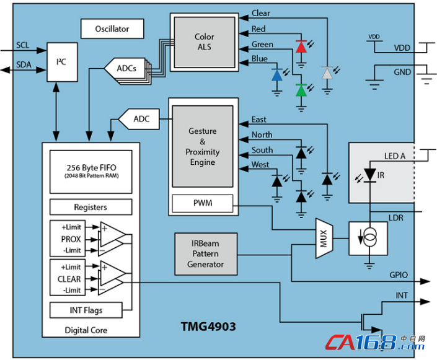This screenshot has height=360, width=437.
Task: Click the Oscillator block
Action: coord(112,29)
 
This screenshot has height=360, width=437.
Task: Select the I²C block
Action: coord(61,63)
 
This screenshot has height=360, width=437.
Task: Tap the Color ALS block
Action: coord(204,42)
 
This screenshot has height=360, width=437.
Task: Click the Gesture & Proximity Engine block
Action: coord(202,147)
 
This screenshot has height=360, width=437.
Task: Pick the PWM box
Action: coord(202,203)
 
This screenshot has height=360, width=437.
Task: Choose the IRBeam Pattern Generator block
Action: coord(205,254)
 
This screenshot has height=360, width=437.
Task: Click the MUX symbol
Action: coord(324,235)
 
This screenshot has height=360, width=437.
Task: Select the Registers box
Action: coord(90,207)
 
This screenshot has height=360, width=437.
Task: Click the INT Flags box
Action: coord(86,310)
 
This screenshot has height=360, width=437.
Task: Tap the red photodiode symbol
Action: coord(301,47)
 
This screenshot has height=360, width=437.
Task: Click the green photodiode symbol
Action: coord(301,90)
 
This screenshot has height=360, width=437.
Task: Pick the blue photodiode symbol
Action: coord(277,76)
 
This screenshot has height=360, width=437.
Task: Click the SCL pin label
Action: coord(22,45)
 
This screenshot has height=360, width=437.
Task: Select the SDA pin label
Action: coord(24,65)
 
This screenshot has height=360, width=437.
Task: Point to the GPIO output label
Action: coord(398,274)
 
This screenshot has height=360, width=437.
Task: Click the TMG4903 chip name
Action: coord(208,326)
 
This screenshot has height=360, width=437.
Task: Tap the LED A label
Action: coord(394,156)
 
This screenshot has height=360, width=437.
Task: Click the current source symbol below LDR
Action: coord(369,237)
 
